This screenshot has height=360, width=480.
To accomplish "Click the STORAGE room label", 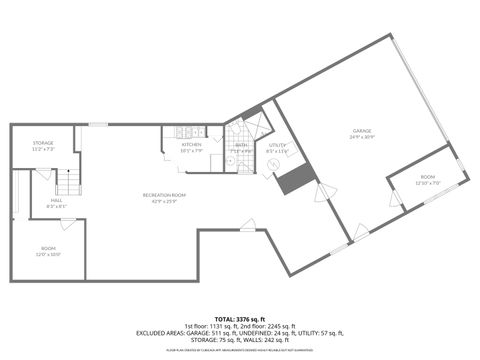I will [x=43, y=143].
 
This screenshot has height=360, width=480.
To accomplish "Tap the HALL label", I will [x=56, y=200].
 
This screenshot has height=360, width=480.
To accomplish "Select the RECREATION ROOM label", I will [x=164, y=194].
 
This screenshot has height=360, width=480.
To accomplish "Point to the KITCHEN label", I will [x=191, y=144].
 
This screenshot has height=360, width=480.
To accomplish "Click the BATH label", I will [x=240, y=144].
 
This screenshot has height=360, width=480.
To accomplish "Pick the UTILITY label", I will [x=277, y=145].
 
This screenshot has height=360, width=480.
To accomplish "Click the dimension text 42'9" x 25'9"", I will [x=164, y=201].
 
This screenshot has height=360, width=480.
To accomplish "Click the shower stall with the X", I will [x=255, y=127].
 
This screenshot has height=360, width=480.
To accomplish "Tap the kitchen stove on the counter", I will [x=186, y=132].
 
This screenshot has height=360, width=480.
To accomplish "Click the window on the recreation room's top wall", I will [x=98, y=124].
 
